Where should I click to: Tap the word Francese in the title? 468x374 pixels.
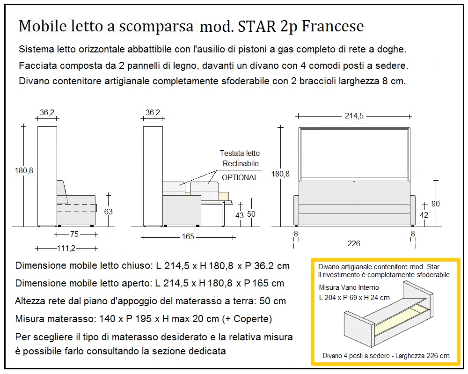point(333,26)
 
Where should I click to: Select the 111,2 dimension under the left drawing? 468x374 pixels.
point(66,248)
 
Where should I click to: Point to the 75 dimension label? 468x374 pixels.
point(74,234)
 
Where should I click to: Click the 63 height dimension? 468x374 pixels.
point(108,212)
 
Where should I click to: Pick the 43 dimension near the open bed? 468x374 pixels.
point(239,215)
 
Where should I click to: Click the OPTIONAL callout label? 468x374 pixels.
point(240,177)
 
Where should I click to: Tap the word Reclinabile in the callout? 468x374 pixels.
point(241,163)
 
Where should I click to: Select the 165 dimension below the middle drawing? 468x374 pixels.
point(188,237)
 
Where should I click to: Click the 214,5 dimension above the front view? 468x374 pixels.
point(354,116)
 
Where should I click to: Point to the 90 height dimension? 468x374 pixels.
point(435,204)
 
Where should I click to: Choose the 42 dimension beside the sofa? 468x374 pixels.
point(424,215)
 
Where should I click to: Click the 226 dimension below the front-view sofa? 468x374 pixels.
point(354,244)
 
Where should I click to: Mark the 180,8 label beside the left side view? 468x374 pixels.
point(23,171)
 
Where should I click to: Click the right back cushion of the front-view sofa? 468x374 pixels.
point(382,192)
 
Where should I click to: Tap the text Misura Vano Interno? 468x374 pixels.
point(349,287)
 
